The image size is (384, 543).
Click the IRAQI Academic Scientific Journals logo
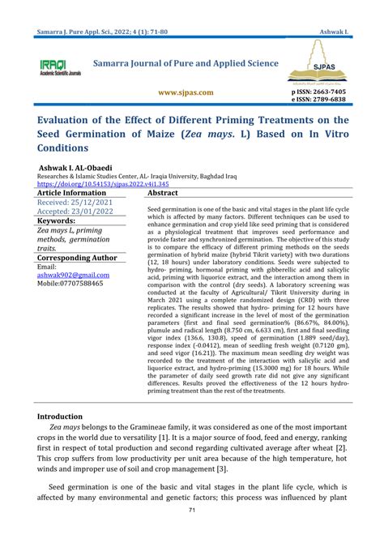(59, 67)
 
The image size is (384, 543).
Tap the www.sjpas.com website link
(186, 93)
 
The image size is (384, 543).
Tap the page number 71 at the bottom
(192, 510)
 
